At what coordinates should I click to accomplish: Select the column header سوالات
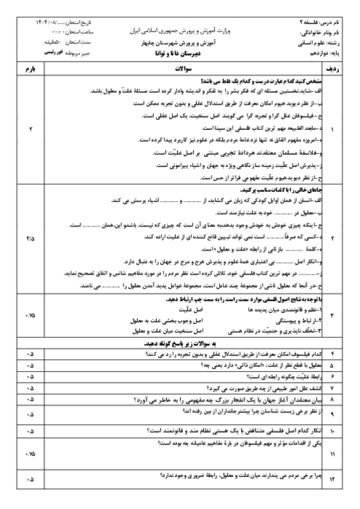(186, 68)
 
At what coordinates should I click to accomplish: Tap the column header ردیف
(344, 68)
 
